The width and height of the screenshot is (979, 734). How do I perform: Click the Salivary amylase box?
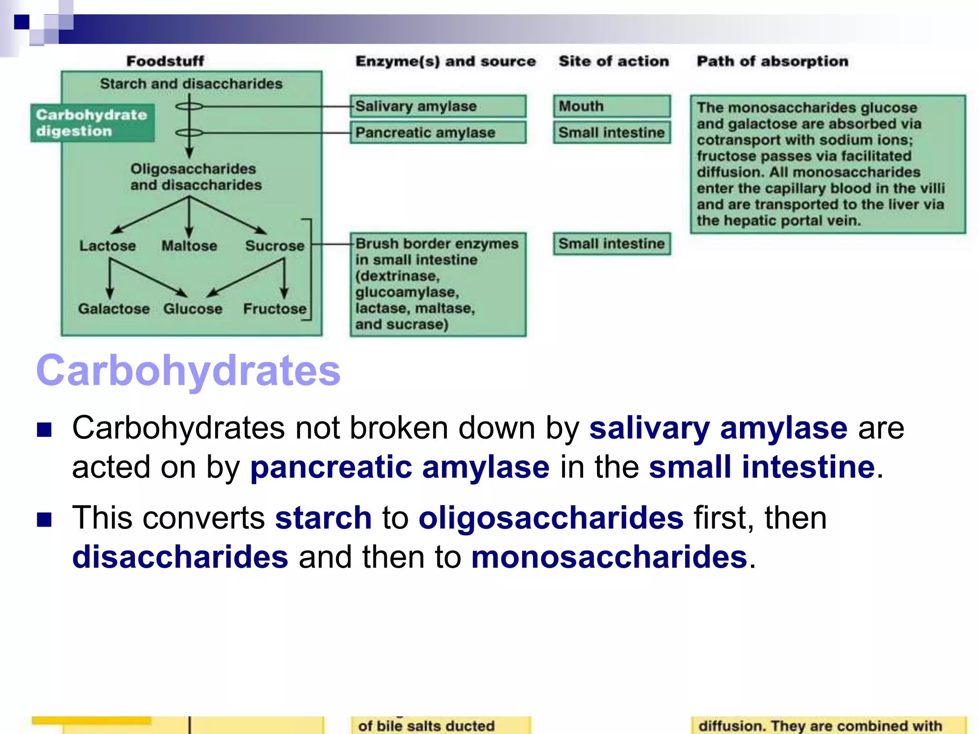(438, 106)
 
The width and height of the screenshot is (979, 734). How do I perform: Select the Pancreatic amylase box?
(438, 132)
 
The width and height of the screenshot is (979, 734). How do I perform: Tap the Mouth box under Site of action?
(611, 106)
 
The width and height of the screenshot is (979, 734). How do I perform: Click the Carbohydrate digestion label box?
(92, 123)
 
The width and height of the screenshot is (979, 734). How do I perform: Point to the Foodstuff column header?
(165, 61)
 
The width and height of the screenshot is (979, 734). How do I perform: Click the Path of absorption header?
(772, 61)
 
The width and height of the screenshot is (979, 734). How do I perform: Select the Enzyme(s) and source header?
(446, 61)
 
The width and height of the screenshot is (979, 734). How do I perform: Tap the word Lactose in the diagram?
(108, 246)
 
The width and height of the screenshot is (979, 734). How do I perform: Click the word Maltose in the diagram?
(189, 246)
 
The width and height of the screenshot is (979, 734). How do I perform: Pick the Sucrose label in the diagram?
(275, 246)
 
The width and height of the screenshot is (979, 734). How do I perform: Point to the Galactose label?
(114, 309)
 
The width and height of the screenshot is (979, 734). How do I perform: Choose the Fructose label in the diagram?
(275, 309)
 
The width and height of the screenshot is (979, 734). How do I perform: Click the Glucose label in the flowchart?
(193, 309)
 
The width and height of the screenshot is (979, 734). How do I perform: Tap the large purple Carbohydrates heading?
(188, 370)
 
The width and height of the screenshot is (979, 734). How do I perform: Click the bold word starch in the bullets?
(323, 518)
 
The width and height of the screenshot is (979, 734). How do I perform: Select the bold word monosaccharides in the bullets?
(609, 557)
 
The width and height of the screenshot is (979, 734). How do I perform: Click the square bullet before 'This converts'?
(44, 519)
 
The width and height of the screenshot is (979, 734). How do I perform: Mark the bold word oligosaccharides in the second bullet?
(551, 518)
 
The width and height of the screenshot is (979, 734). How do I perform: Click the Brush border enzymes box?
(438, 284)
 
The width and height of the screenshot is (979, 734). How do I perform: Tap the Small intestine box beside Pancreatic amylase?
(611, 132)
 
